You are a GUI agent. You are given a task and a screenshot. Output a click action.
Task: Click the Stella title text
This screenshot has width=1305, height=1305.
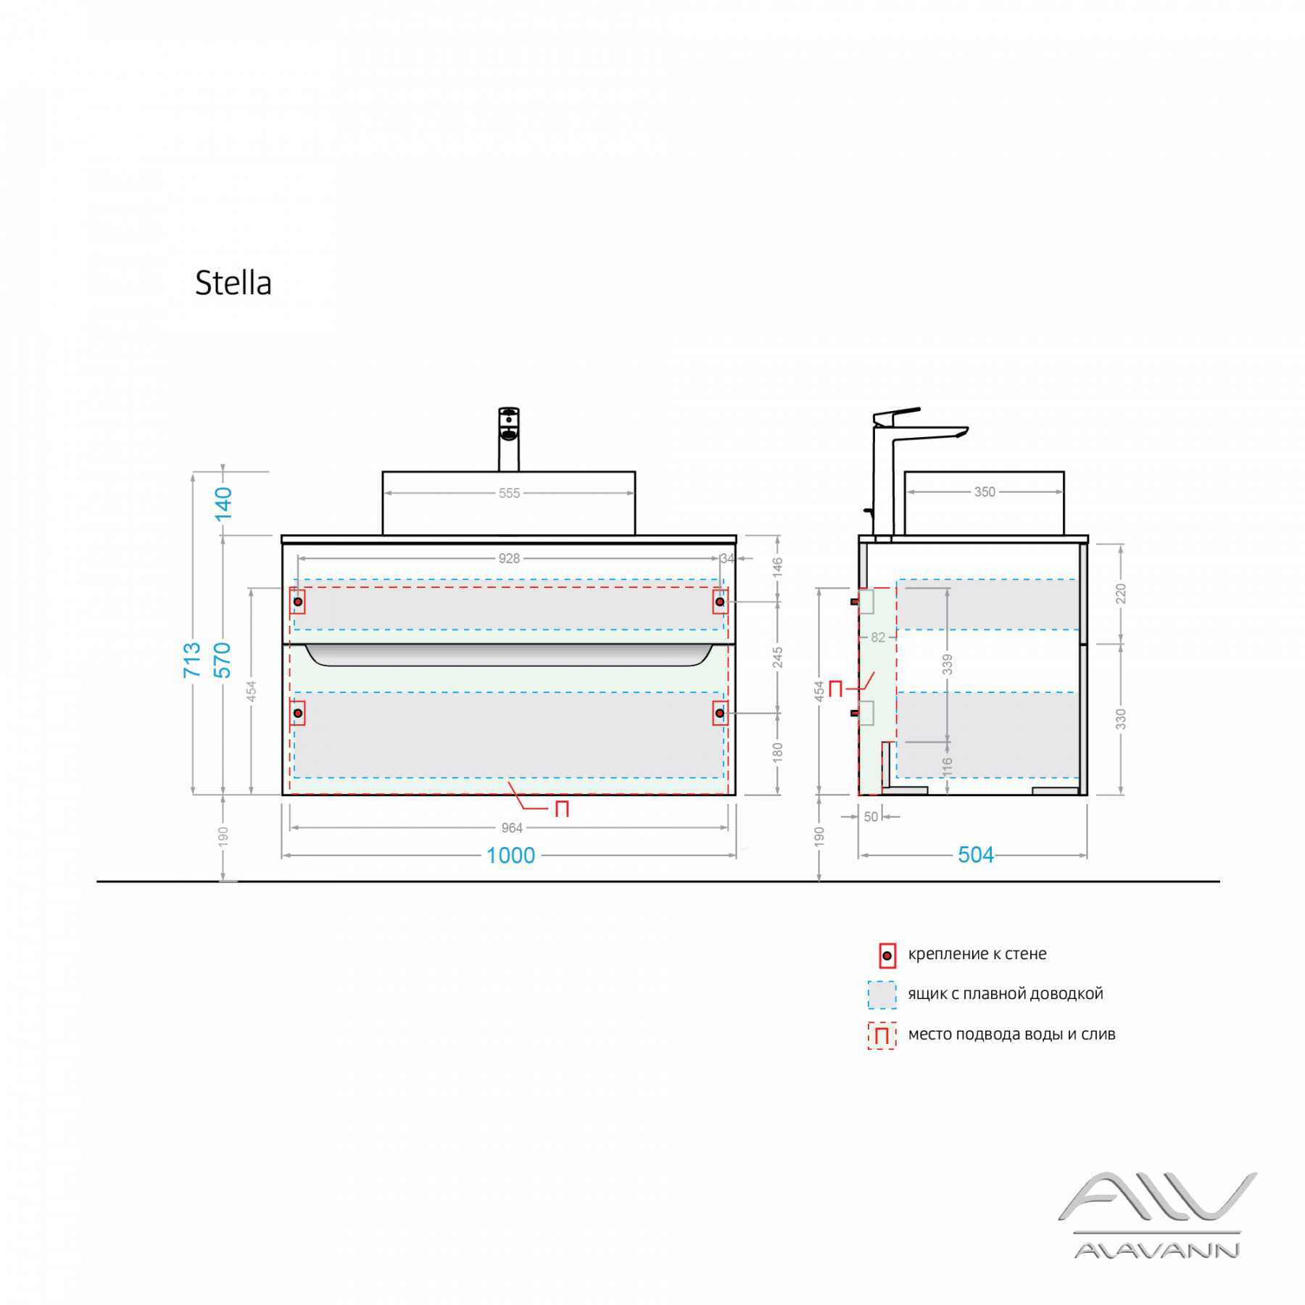coord(233,283)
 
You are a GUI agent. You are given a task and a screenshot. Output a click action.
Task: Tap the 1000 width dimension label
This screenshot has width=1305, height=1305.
coord(510,855)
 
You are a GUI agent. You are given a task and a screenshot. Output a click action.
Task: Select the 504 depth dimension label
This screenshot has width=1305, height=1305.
coord(975,855)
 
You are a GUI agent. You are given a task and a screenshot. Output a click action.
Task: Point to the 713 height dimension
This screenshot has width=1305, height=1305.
coord(192,659)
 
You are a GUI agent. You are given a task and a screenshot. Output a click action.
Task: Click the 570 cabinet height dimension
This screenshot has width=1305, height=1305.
coord(223,659)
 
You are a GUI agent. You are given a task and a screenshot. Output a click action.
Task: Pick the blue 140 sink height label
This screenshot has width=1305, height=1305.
coord(223,503)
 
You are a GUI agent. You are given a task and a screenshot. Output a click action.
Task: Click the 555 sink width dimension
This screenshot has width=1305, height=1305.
coord(509,493)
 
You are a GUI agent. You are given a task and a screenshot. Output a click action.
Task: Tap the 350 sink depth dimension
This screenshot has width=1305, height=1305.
coord(984,492)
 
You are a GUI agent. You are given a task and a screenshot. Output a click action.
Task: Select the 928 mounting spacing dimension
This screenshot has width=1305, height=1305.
coord(509,558)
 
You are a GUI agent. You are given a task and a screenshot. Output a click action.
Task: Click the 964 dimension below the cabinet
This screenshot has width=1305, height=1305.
coord(512,828)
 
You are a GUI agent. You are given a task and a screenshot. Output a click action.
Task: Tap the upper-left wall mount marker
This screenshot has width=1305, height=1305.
coord(298,602)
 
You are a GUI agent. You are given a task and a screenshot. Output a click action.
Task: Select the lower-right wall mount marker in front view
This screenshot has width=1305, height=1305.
coord(719,713)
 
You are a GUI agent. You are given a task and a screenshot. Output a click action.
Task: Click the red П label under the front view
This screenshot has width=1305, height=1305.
coord(561,809)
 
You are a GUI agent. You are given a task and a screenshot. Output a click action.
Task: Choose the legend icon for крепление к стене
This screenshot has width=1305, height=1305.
coord(886,956)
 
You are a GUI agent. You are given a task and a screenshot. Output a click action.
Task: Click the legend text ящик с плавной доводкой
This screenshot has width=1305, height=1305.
coord(1005,993)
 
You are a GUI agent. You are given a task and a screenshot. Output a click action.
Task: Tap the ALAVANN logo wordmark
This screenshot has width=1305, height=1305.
coord(1156,1249)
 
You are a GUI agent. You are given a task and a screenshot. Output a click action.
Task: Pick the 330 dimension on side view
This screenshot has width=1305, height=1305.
coord(1121,719)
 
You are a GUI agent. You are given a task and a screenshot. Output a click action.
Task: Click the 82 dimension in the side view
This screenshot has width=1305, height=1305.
coord(878,638)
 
